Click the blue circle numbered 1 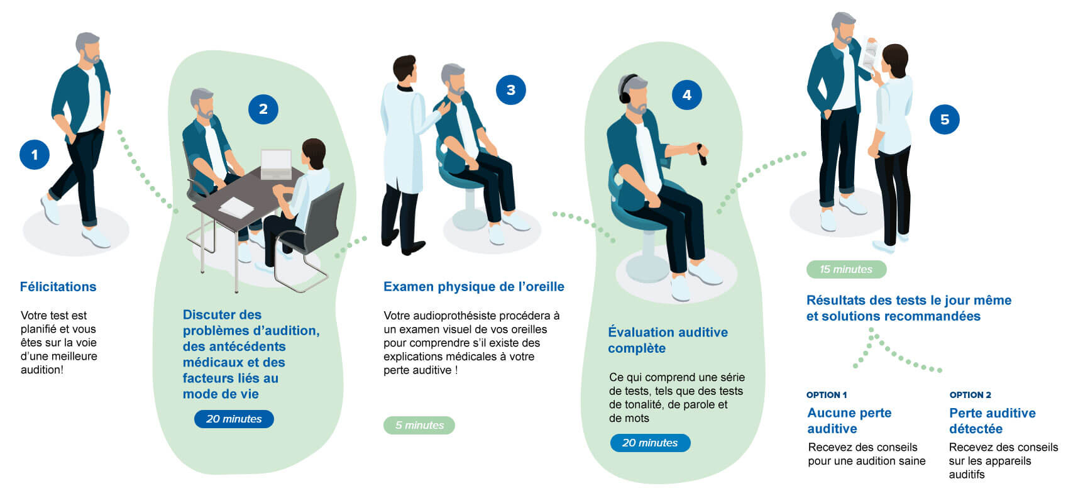pos(35,155)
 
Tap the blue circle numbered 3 pos(510,90)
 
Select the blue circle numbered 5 pos(944,119)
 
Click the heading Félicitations pos(58,287)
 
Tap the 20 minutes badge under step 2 pos(234,419)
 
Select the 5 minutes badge pos(419,425)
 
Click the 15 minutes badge pos(846,269)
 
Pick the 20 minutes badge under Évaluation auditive pos(650,443)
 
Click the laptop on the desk pos(276,164)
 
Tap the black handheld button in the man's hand pos(701,154)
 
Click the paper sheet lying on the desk pos(236,207)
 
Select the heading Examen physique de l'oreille pos(473,287)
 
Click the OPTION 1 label pos(826,395)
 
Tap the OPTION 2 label pos(970,395)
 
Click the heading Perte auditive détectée pos(992,421)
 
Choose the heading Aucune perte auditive pos(849,421)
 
